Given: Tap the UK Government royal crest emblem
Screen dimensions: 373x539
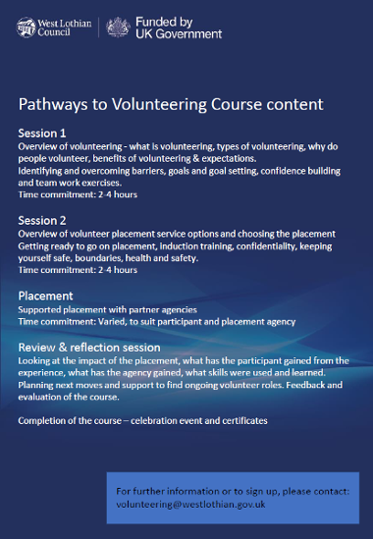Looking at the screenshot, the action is tap(119, 27).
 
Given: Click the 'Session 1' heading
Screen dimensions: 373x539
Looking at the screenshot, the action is tap(42, 133).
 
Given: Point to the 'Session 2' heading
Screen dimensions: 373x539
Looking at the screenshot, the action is tap(42, 220).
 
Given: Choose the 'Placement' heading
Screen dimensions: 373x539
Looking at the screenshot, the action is tap(45, 296).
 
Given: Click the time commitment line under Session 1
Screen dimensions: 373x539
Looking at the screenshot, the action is tap(78, 194).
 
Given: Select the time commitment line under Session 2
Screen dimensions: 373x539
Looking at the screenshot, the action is tap(78, 269).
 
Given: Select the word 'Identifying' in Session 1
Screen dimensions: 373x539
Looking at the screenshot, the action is tap(40, 170).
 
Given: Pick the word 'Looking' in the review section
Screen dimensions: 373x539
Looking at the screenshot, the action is tap(35, 360).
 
